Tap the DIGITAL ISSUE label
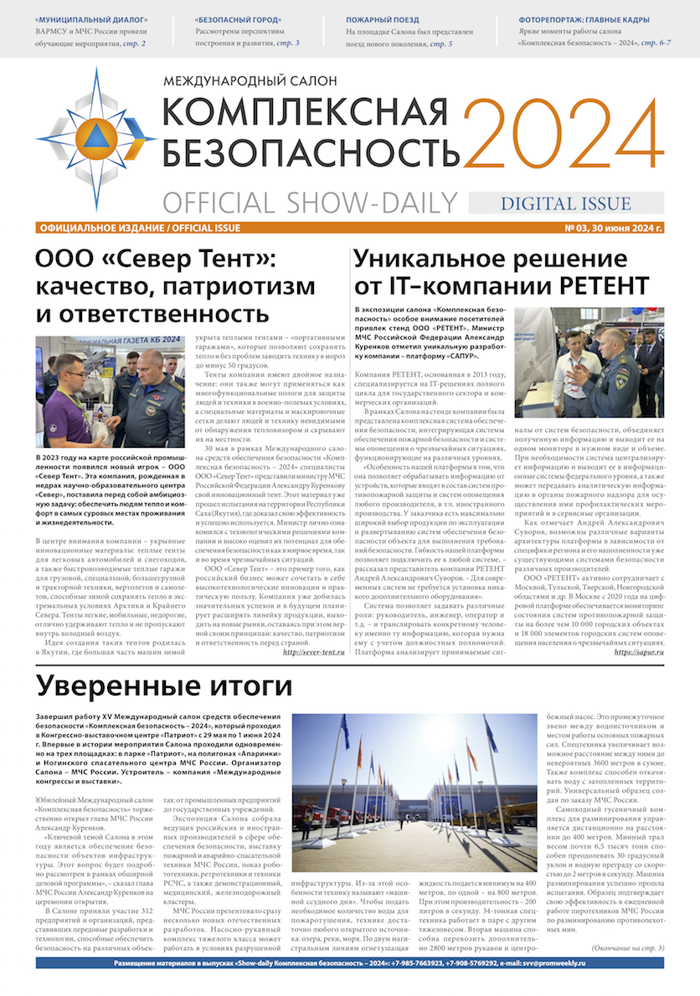tap(565, 203)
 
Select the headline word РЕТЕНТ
tap(597, 285)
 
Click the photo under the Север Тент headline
tap(110, 392)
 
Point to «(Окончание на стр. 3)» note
tap(627, 947)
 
